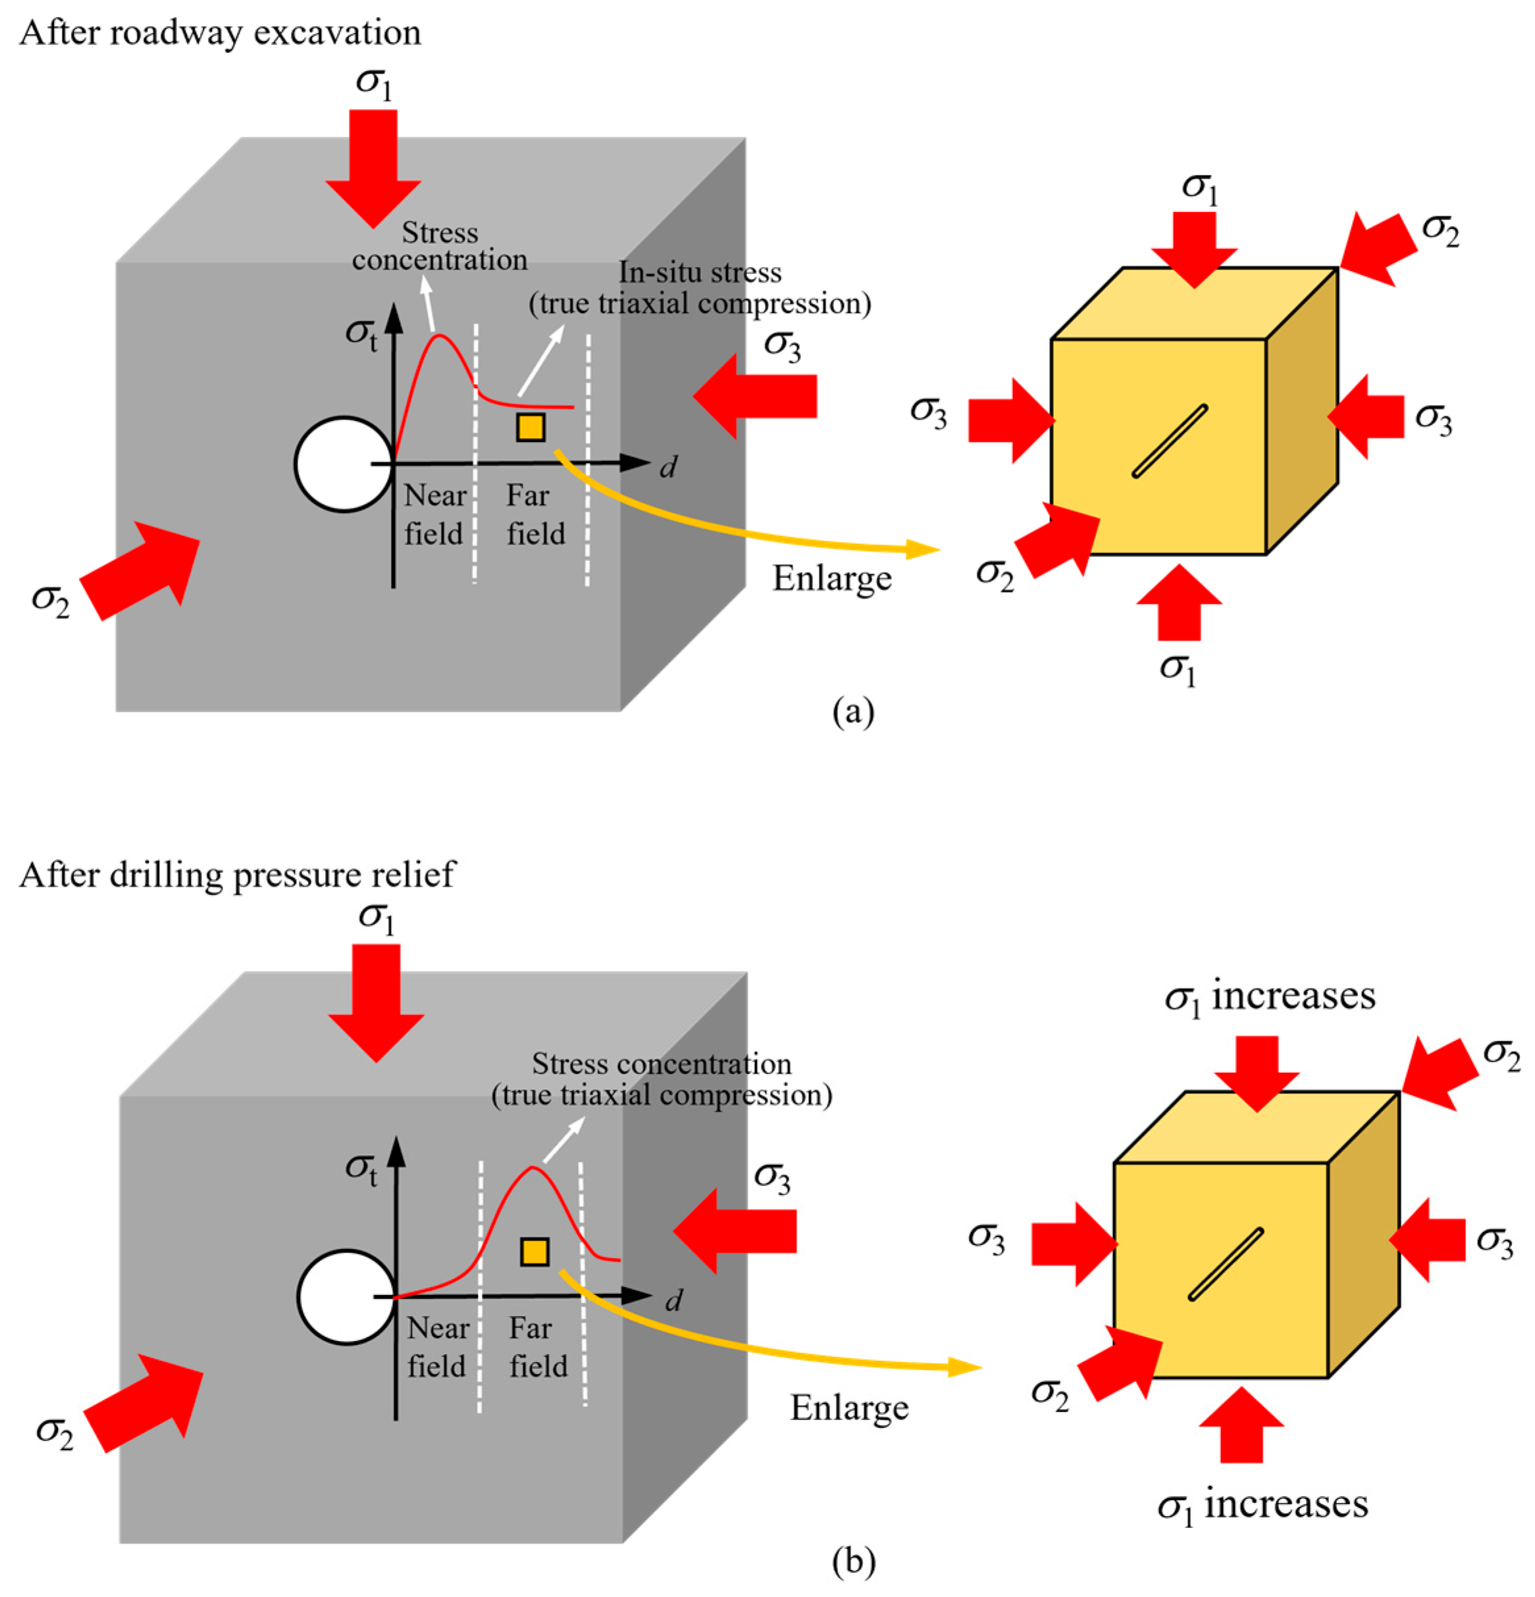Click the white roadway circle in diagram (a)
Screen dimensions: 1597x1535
pos(343,464)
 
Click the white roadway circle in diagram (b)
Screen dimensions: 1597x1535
pos(346,1296)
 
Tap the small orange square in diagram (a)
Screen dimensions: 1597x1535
pos(531,427)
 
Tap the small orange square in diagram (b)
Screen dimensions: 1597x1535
pos(534,1252)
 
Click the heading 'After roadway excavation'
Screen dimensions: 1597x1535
pos(220,34)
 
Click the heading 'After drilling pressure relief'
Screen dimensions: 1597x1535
pos(236,875)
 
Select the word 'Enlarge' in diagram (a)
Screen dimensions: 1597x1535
pos(831,579)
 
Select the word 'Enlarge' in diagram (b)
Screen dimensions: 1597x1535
pos(848,1407)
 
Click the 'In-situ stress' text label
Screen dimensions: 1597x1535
pos(700,272)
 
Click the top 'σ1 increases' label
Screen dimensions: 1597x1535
pos(1269,996)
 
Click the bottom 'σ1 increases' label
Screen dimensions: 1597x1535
pos(1262,1505)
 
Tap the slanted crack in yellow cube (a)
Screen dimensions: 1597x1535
pos(1169,441)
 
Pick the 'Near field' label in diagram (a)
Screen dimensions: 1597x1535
pos(434,515)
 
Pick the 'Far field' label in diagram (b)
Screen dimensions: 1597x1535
pos(537,1347)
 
